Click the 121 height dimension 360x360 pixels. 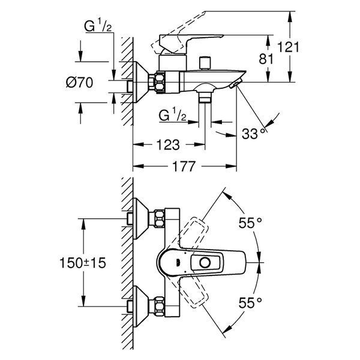click(289, 47)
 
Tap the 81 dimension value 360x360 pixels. click(266, 59)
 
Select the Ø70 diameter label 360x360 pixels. click(79, 82)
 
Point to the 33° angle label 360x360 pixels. click(255, 133)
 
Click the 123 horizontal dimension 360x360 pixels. click(168, 145)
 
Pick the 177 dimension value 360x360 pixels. click(184, 166)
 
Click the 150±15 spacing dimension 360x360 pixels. click(83, 263)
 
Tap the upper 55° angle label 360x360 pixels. click(250, 223)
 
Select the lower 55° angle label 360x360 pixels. click(250, 302)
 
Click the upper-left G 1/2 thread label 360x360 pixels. click(98, 26)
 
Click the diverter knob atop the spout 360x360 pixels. click(205, 62)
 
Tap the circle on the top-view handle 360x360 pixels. click(205, 262)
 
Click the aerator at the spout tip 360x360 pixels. click(236, 83)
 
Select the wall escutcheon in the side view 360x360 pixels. click(140, 82)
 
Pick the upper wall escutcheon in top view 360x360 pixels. click(140, 218)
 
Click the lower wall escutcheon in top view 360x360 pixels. click(140, 307)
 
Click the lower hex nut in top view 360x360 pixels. click(160, 307)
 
